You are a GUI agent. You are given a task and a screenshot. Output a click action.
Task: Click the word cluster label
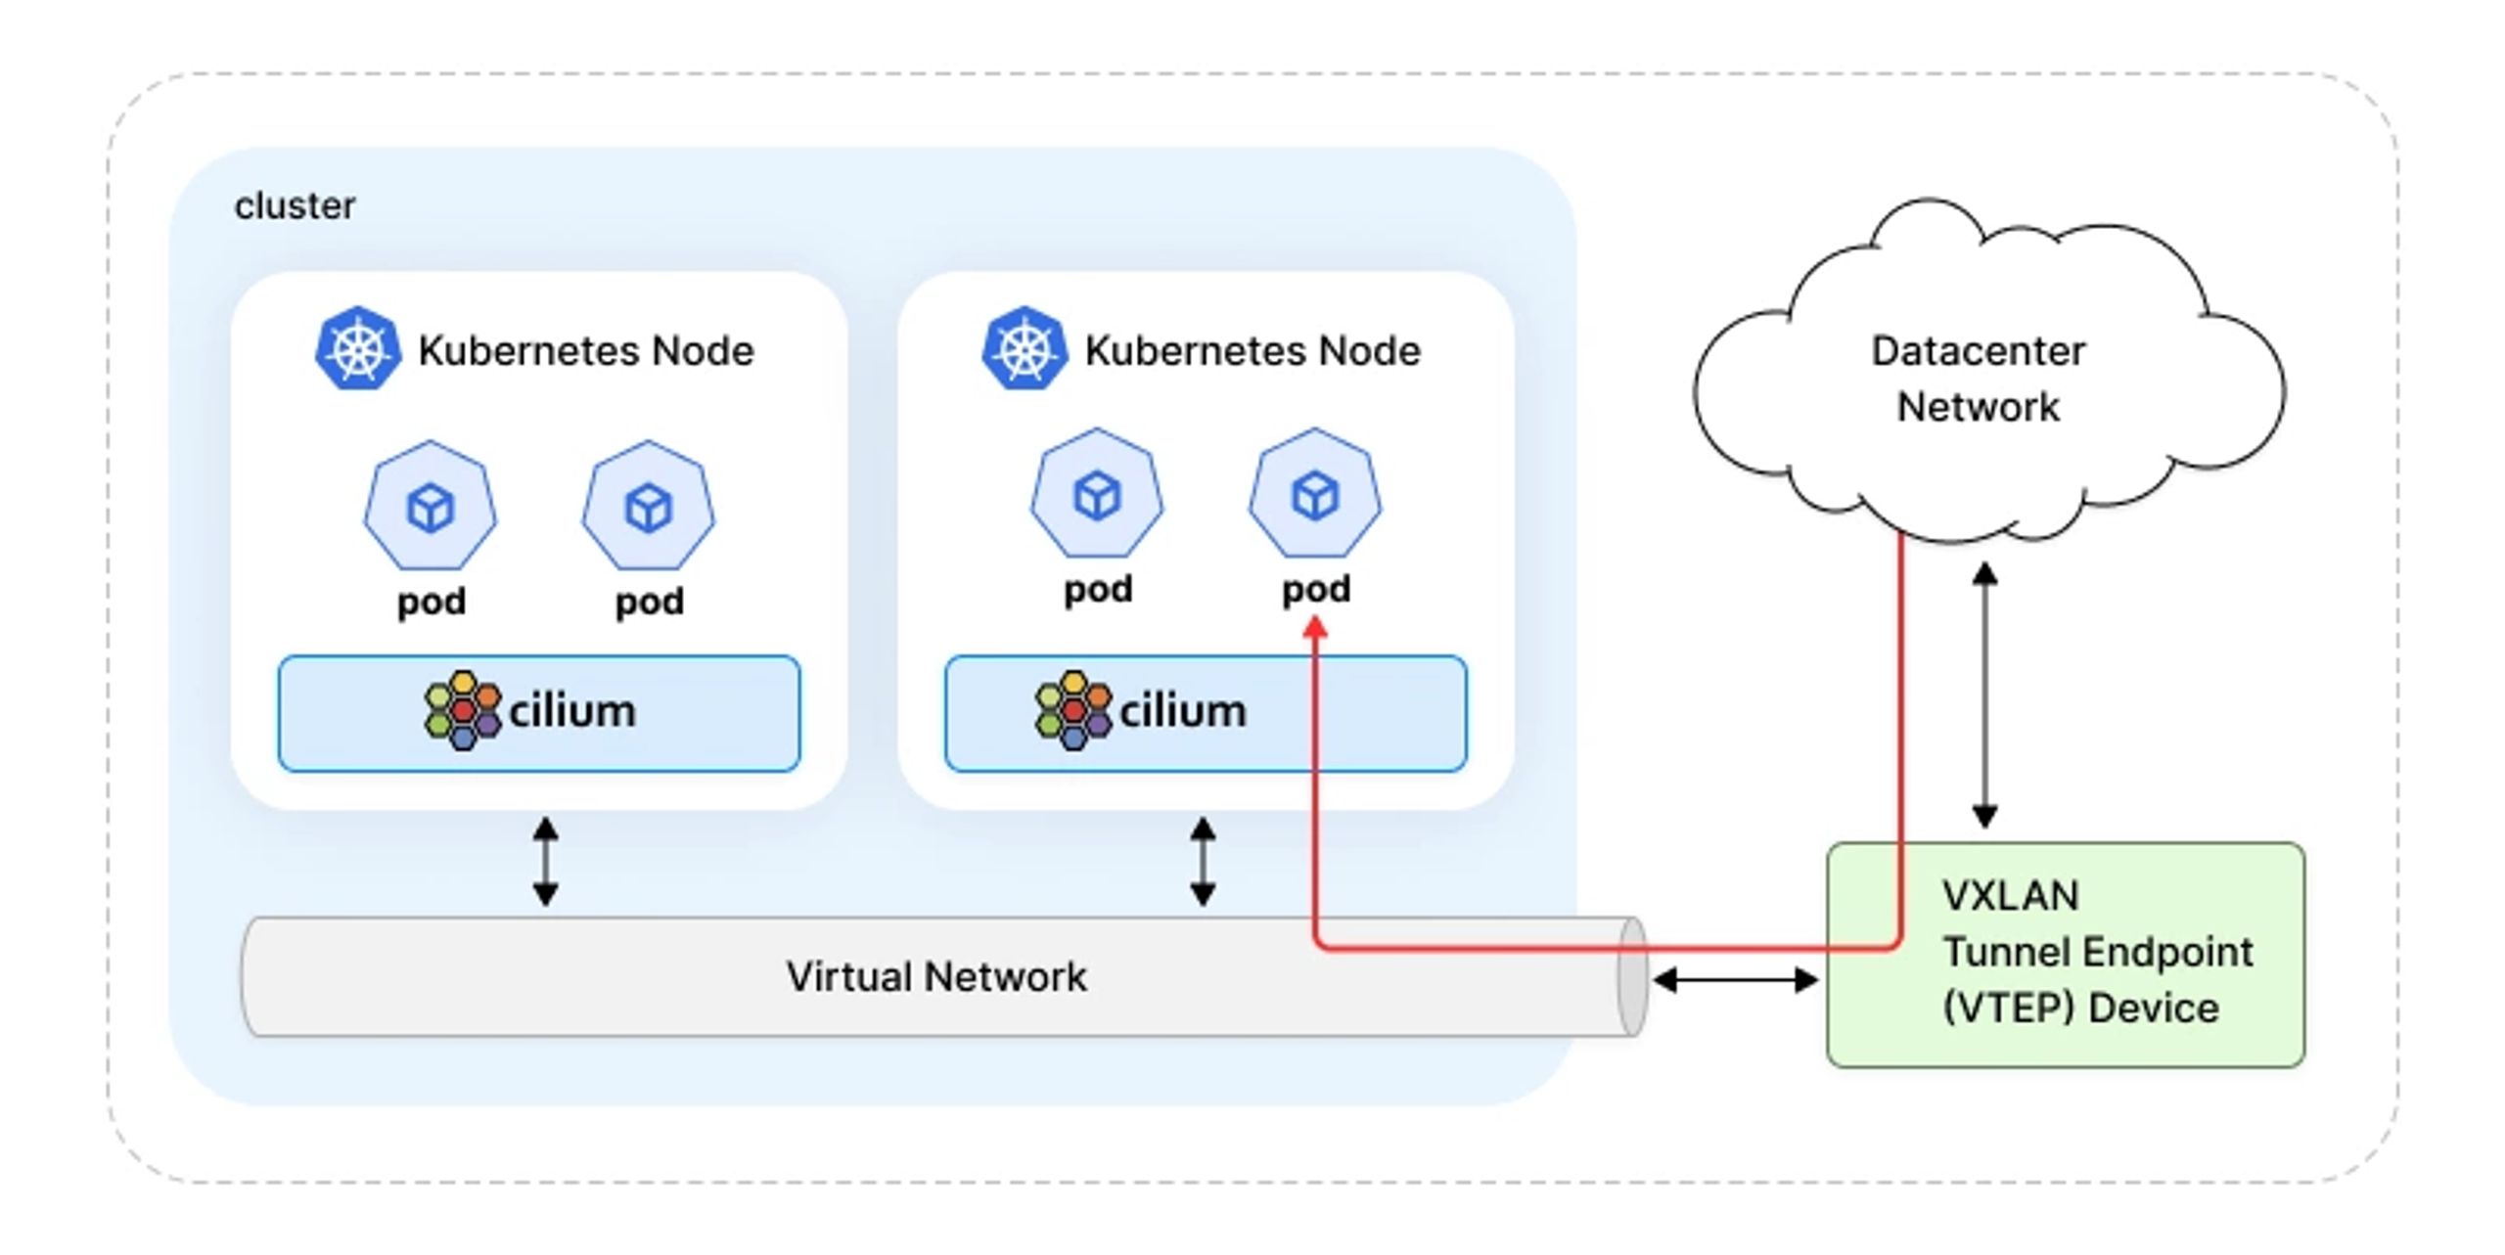[x=295, y=206]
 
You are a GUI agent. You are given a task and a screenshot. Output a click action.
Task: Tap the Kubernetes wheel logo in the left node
[x=358, y=349]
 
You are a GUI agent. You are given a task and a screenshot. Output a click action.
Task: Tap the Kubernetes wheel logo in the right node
[x=1025, y=349]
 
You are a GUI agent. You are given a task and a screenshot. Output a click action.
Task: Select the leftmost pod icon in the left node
[x=431, y=506]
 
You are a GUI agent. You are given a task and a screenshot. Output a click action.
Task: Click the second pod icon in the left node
[x=649, y=506]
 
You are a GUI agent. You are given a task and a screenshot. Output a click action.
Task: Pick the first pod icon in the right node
[x=1097, y=494]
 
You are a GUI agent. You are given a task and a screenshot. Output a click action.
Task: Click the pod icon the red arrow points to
[x=1315, y=494]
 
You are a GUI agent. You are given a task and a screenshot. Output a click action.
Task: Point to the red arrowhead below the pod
[x=1316, y=626]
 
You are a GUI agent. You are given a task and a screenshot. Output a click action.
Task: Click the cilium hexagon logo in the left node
[x=463, y=710]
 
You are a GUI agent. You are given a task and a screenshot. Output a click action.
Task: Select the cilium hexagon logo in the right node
[x=1073, y=710]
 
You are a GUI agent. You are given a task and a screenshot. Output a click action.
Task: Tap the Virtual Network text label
[x=936, y=976]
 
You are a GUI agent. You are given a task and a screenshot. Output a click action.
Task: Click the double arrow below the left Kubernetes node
[x=546, y=862]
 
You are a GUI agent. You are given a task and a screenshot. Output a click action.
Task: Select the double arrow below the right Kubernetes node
[x=1203, y=862]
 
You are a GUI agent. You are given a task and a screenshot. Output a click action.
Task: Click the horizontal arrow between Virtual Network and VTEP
[x=1735, y=979]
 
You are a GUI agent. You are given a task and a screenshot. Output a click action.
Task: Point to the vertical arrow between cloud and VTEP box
[x=1984, y=695]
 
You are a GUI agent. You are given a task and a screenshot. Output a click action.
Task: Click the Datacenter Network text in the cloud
[x=1978, y=379]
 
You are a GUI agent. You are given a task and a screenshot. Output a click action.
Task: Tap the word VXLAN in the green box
[x=2010, y=896]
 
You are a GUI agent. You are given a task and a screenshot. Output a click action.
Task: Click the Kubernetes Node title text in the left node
[x=586, y=351]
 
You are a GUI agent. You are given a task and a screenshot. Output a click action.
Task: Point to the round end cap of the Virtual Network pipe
[x=1632, y=976]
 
